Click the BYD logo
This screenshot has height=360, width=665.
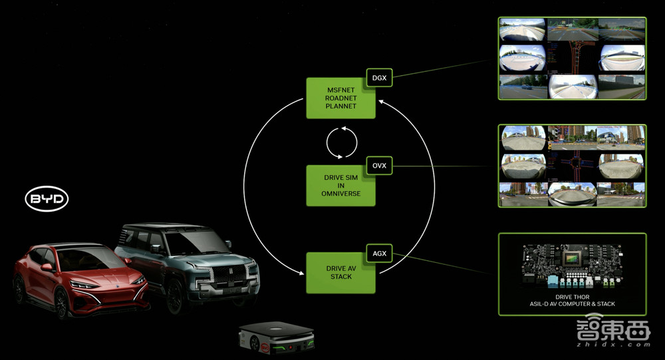(47, 199)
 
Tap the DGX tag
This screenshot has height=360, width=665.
(379, 79)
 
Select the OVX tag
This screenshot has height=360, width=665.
(379, 166)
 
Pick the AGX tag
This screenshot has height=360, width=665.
(379, 253)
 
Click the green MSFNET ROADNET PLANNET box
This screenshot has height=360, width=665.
(340, 98)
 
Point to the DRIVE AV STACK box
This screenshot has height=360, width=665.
(340, 273)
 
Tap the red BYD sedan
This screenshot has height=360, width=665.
(80, 279)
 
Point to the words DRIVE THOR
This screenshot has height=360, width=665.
(572, 297)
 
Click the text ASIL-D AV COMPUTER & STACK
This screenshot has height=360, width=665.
(572, 304)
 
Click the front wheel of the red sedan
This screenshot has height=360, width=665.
(61, 303)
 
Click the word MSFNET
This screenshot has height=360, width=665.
(340, 89)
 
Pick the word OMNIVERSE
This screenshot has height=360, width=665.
(340, 194)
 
